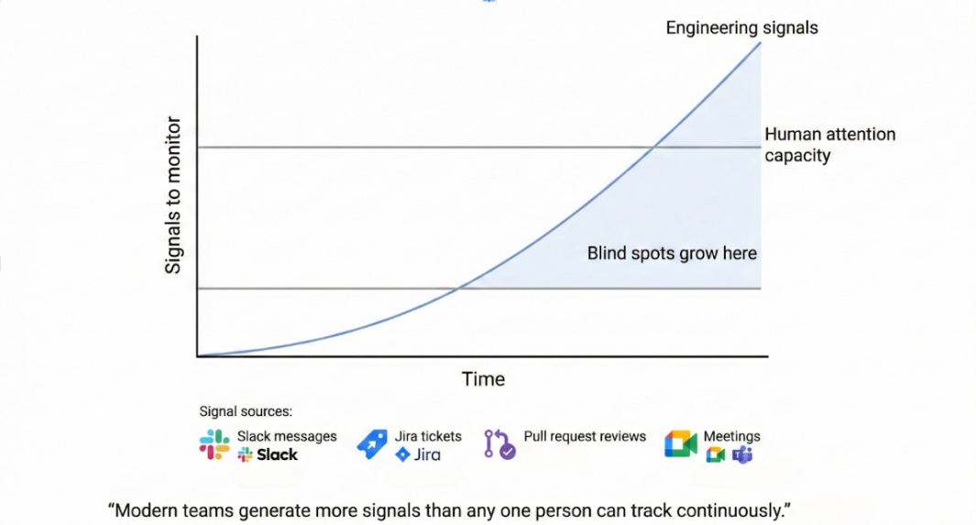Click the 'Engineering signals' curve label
click(741, 27)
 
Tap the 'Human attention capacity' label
click(829, 145)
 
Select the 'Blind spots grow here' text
click(672, 253)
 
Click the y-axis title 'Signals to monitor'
click(174, 196)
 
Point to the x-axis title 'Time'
click(483, 379)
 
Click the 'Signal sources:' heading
click(246, 411)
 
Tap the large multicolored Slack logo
click(214, 444)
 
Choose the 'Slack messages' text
click(287, 436)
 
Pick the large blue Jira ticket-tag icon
click(372, 443)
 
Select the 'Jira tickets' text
click(428, 436)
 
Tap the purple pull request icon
click(499, 444)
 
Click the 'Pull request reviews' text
click(585, 436)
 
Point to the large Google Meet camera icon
click(681, 443)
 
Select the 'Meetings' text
click(731, 436)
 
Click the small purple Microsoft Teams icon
click(742, 455)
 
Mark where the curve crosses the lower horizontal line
click(458, 289)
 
